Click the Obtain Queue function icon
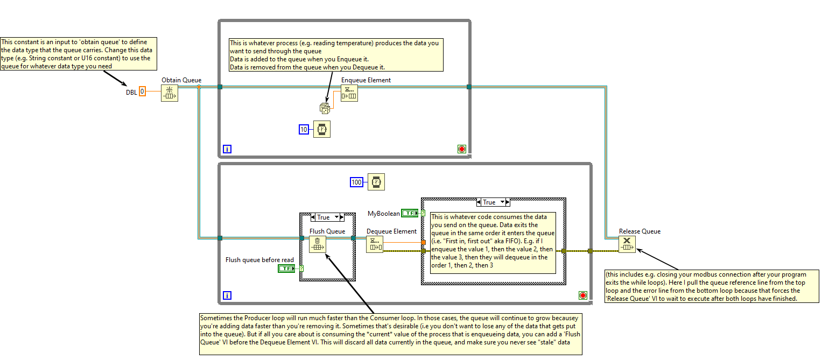point(170,93)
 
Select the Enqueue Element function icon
point(349,93)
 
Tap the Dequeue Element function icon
point(375,244)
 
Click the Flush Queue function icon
point(318,244)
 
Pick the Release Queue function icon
point(627,244)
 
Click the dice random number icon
point(325,108)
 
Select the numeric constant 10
point(304,130)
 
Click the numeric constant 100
point(356,182)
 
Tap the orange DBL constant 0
point(142,91)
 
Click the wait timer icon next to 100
point(376,182)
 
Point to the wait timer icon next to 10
point(322,129)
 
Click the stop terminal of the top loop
point(462,149)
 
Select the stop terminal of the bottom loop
point(583,295)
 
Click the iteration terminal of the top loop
point(227,149)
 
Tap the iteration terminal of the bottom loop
point(227,295)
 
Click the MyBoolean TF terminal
point(410,213)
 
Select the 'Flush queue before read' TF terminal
point(286,269)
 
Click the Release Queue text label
point(640,231)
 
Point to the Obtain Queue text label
point(181,80)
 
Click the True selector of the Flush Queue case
point(327,217)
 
